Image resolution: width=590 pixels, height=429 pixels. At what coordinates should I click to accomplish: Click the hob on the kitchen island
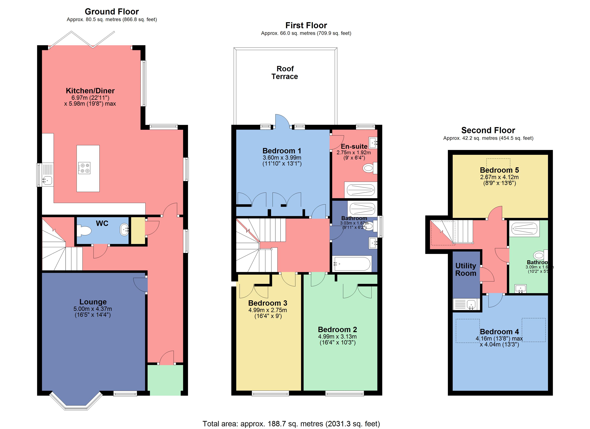[84, 168]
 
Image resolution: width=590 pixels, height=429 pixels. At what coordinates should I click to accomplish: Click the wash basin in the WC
[124, 230]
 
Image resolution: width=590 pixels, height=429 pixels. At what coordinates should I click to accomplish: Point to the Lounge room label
[93, 302]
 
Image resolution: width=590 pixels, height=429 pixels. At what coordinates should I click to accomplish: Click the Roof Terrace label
[285, 73]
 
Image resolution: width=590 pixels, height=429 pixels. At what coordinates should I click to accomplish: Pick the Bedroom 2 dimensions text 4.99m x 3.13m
[337, 336]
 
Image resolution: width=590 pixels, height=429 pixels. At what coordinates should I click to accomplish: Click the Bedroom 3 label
[268, 303]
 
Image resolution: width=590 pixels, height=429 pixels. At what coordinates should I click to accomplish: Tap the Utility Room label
[466, 270]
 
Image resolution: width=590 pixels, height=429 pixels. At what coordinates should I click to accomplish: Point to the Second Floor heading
[488, 130]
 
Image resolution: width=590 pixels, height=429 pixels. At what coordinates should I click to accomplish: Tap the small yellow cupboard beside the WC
[138, 231]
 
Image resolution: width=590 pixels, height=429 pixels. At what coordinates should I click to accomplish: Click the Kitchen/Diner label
[90, 91]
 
